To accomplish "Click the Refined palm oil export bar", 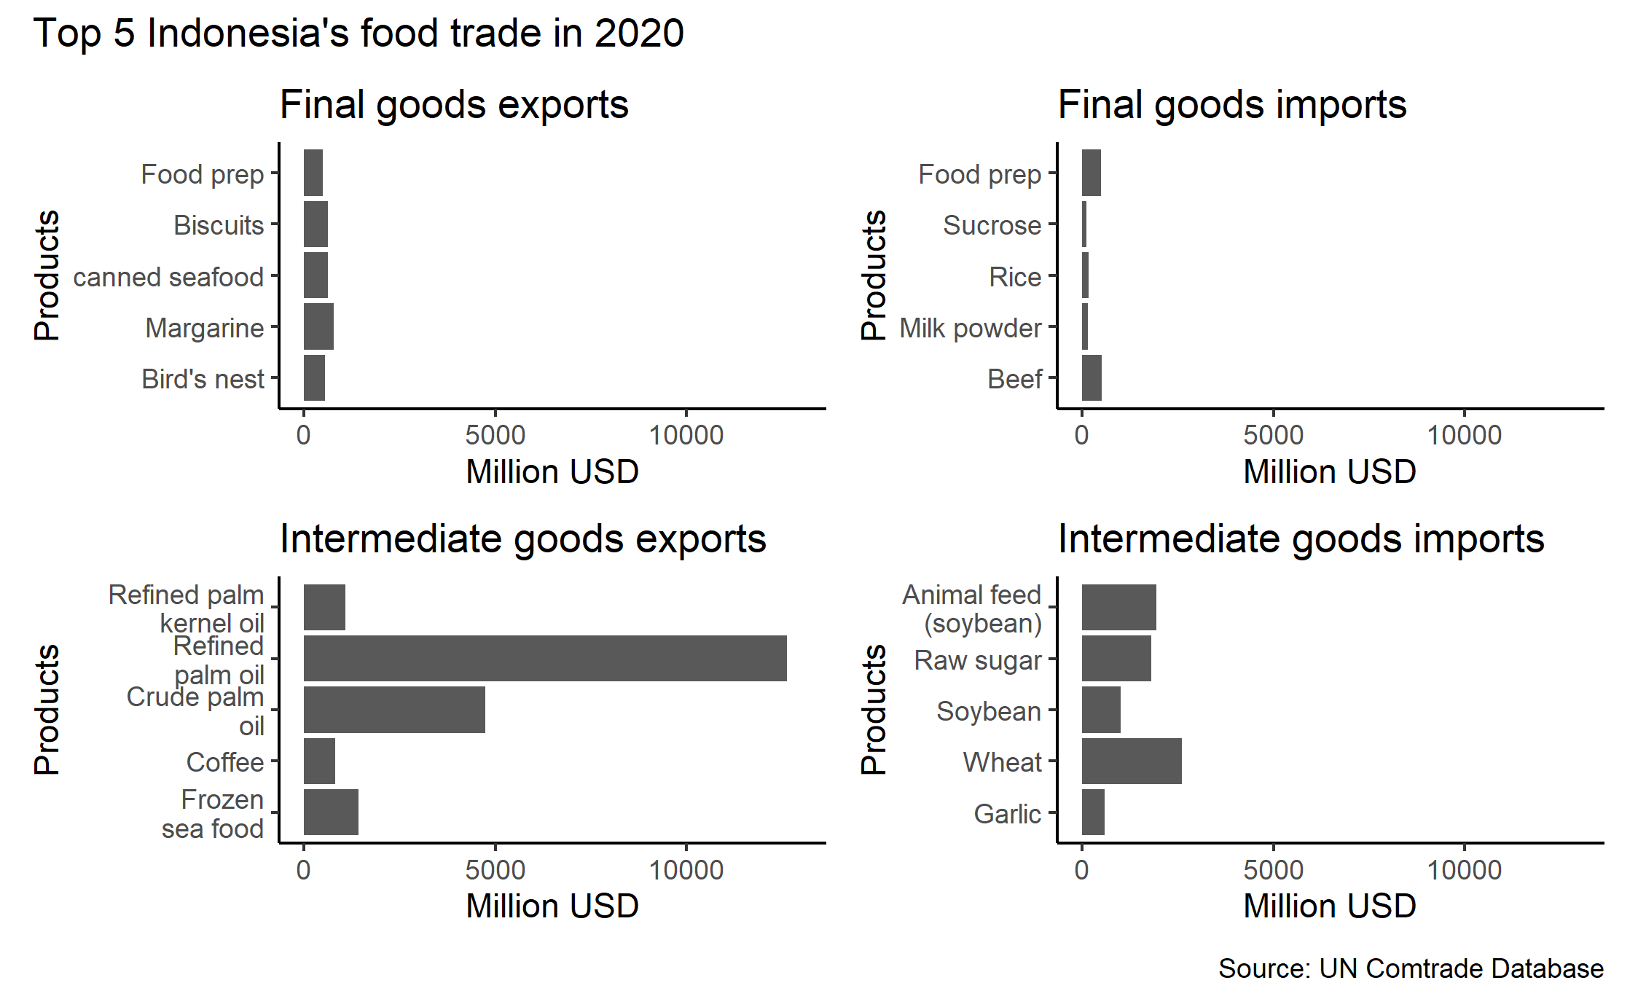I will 544,658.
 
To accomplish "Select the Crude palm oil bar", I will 394,709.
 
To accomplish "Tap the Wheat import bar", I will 1131,761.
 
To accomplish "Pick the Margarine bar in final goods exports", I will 318,326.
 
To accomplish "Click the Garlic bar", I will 1093,812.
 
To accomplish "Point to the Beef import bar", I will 1092,377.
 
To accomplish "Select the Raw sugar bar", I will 1116,658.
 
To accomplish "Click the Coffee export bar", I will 319,761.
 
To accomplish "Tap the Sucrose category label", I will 992,225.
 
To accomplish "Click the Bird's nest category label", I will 203,379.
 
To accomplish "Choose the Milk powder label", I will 970,328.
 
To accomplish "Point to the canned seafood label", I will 168,277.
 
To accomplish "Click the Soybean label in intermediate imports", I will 989,711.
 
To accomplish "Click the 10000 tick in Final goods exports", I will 686,435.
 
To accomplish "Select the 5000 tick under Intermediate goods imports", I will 1273,870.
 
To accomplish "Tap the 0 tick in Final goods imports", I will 1081,435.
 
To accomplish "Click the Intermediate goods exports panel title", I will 522,539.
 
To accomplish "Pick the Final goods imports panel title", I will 1231,104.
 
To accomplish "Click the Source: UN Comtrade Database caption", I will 1411,968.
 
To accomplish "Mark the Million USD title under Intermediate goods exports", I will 552,906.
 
